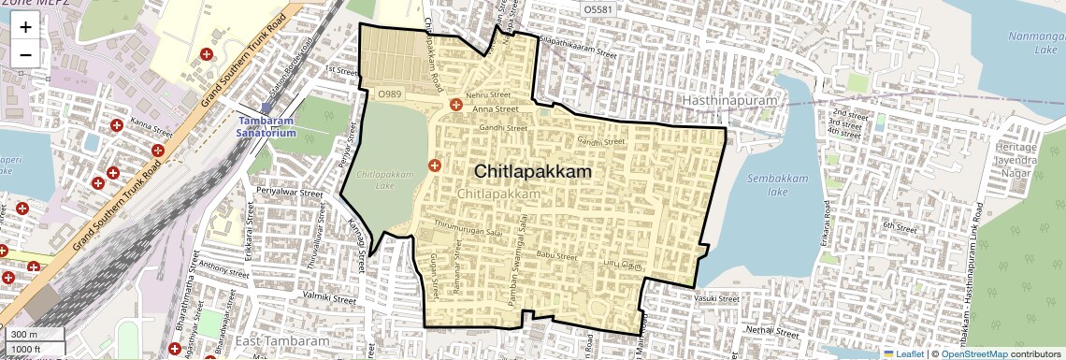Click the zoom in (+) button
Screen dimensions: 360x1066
click(x=25, y=27)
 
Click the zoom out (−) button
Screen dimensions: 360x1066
click(x=25, y=54)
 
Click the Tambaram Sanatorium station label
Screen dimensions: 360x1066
click(x=266, y=127)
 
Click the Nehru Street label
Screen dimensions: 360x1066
click(x=488, y=95)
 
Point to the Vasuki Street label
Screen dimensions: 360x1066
click(x=716, y=299)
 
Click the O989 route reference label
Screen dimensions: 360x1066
click(x=390, y=94)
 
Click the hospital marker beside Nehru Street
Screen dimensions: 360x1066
click(x=456, y=105)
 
